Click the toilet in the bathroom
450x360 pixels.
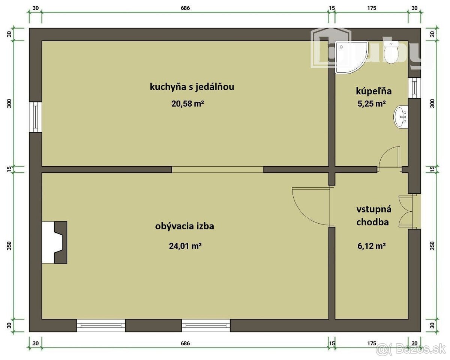point(391,52)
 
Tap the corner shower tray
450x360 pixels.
point(349,57)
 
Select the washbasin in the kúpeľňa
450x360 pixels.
point(401,117)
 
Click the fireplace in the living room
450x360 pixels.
point(55,243)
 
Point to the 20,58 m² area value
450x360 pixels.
point(187,104)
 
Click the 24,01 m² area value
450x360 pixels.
point(185,246)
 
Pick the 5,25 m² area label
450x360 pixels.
point(372,104)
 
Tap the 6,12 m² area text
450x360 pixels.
point(372,246)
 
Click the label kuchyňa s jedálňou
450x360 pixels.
point(192,87)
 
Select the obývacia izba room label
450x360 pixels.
point(184,226)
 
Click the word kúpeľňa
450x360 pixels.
point(373,91)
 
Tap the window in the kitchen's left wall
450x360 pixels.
point(36,117)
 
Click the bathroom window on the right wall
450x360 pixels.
point(414,88)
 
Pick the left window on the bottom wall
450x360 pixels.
point(101,325)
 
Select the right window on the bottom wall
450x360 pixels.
point(206,325)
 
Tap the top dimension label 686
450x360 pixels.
point(185,8)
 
